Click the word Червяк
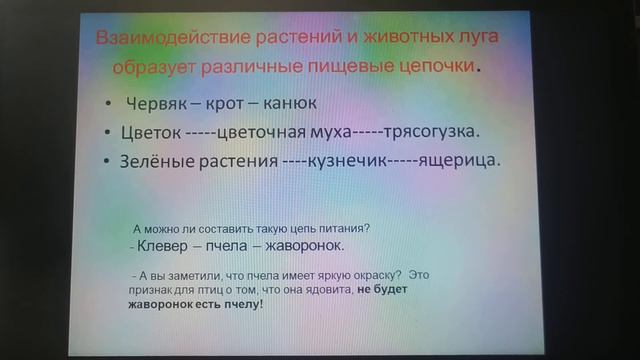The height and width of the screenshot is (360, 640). (x=158, y=103)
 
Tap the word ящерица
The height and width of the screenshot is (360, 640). (x=459, y=160)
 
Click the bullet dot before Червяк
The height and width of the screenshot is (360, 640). (x=108, y=104)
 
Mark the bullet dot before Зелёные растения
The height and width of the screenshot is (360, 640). (x=106, y=161)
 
